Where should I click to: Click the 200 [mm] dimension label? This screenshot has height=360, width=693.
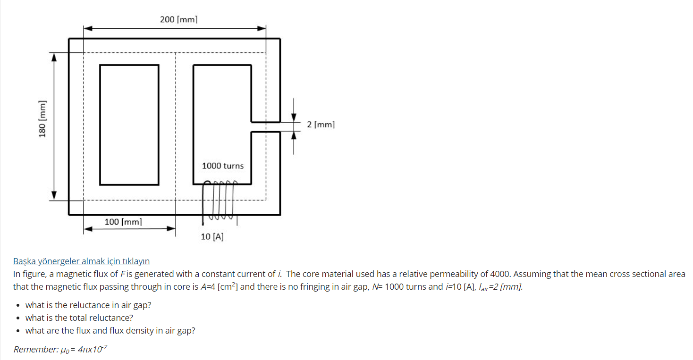point(178,19)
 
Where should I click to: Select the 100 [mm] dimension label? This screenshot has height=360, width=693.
point(123,221)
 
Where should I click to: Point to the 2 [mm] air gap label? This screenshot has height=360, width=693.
point(321,125)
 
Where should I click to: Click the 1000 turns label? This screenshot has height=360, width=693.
point(223,166)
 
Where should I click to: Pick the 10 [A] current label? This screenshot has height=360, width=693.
point(212,237)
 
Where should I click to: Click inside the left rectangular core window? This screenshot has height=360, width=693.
point(129,125)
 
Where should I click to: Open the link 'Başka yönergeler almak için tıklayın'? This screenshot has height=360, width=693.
point(81,261)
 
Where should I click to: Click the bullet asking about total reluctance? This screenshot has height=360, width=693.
point(79,318)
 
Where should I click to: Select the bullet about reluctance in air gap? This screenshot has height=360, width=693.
point(88,305)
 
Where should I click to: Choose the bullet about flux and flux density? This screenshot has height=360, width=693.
point(110,330)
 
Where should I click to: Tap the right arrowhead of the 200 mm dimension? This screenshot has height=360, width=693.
point(262,28)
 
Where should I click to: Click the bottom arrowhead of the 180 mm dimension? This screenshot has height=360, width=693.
point(54,195)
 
